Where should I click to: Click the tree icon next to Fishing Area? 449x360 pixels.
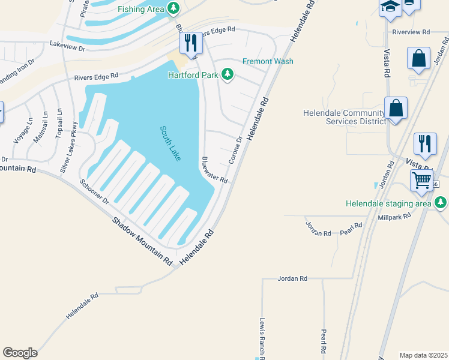(x=173, y=8)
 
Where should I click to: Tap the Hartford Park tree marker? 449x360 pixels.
(x=227, y=74)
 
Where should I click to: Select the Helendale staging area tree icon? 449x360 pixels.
(x=441, y=203)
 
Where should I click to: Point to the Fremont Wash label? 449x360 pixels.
(x=268, y=61)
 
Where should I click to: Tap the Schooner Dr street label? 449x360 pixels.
(x=94, y=191)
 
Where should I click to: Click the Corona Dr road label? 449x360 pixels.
(x=235, y=151)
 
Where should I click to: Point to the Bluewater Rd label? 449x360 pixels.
(x=215, y=170)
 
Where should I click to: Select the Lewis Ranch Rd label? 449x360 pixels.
(x=262, y=338)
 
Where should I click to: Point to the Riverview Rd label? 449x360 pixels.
(x=411, y=32)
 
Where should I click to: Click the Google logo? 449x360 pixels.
(x=20, y=353)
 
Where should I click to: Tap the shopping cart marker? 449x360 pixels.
(x=421, y=179)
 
